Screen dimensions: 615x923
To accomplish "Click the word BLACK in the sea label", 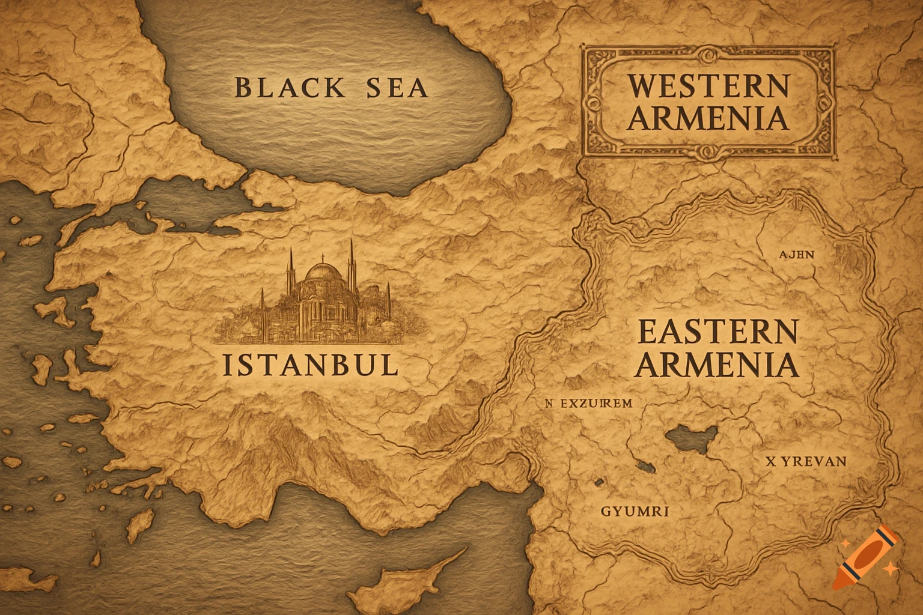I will pos(290,88).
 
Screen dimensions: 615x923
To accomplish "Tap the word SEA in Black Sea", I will pos(397,88).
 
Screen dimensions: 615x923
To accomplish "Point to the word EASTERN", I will pos(717,332).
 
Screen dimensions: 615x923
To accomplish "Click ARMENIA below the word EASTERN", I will pos(717,364).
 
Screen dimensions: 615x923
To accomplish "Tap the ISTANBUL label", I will pos(311,365).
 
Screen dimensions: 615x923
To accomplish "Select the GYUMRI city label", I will pos(635,512).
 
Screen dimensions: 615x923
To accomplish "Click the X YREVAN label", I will pos(806,462).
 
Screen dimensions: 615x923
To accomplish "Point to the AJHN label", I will pos(797,254).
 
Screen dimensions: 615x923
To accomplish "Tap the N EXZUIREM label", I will pos(588,404).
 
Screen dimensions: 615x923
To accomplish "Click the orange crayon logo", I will pos(865,557).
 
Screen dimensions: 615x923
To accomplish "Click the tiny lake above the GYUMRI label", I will pos(599,482).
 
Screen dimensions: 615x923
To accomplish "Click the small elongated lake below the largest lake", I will pos(645,467).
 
